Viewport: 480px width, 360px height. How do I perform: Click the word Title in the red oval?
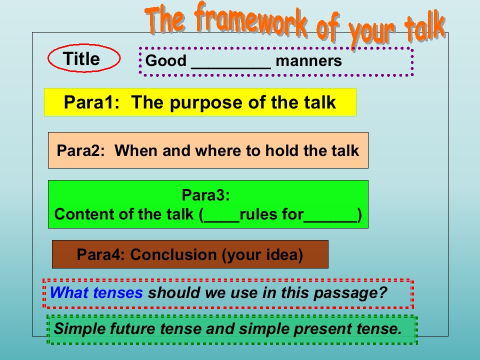(81, 58)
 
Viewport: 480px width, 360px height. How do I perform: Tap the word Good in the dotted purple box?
(165, 60)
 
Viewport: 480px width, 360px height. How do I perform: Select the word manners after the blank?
(308, 60)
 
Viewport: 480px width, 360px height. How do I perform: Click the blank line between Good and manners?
(231, 68)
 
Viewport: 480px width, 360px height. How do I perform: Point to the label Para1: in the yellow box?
(91, 102)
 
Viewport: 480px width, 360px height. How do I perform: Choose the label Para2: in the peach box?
(81, 150)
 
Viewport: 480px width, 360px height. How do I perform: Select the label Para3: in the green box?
(205, 194)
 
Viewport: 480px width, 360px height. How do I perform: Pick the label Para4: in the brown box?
(100, 254)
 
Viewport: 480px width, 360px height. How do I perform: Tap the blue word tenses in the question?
(118, 292)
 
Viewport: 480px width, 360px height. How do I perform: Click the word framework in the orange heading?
(250, 19)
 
